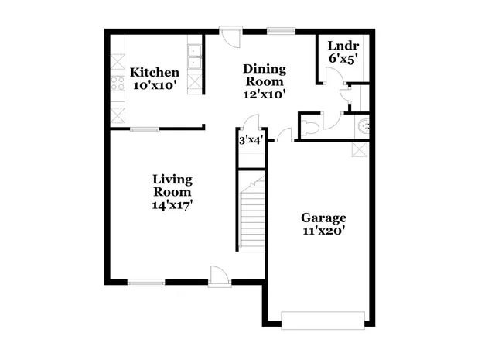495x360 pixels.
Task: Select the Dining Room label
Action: click(265, 74)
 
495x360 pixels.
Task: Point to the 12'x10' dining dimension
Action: click(265, 94)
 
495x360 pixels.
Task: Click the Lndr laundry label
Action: click(342, 45)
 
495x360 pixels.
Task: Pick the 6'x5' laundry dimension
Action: click(342, 58)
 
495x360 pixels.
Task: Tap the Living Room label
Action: click(172, 185)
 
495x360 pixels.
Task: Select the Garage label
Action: click(323, 218)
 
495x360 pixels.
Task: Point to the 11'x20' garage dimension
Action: click(323, 230)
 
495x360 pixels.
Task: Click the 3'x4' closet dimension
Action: click(250, 140)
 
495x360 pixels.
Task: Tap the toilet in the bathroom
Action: click(309, 125)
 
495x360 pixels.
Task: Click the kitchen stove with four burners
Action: click(118, 82)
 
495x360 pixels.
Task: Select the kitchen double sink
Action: click(193, 54)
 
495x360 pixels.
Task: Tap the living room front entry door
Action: click(217, 275)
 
